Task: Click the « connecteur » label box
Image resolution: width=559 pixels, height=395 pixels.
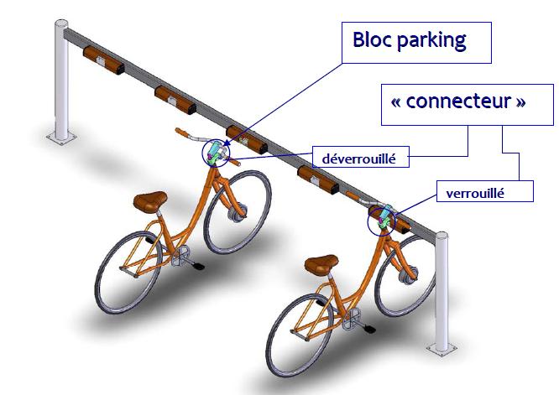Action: coord(458,103)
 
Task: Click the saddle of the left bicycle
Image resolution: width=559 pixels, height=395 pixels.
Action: coord(149,200)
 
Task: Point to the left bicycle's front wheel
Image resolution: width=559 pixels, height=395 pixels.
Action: coord(238,210)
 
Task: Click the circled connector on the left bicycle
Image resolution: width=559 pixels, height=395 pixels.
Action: coord(217,152)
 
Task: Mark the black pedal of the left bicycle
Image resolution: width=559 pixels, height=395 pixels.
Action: coord(198,267)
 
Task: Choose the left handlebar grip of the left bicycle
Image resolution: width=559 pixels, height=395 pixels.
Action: coord(180,132)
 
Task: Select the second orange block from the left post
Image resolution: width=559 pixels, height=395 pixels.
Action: coord(175,98)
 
